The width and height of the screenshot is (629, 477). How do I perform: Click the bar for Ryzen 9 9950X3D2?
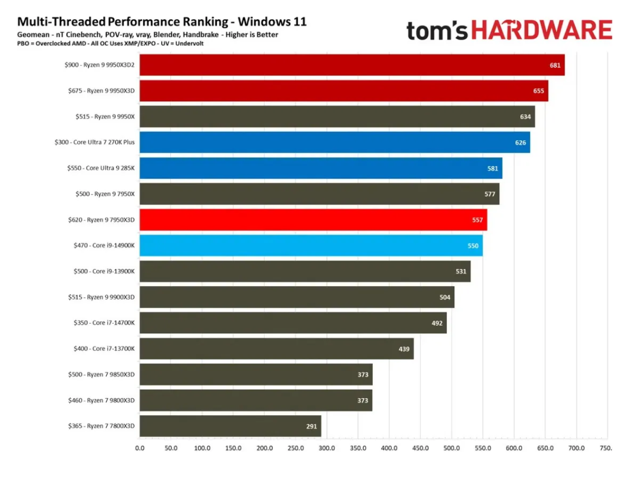352,65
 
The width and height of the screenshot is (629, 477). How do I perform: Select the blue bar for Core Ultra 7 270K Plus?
334,142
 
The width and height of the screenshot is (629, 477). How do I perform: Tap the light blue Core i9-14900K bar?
311,246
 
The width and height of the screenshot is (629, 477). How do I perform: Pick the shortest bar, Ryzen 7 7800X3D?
230,426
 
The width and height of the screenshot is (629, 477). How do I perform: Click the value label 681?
555,65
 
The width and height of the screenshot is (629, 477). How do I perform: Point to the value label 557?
477,220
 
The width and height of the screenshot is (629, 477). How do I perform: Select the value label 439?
404,349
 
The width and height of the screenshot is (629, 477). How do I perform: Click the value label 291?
311,426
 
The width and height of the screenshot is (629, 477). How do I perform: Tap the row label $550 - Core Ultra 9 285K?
101,168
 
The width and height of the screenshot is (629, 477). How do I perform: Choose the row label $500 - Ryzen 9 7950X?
105,194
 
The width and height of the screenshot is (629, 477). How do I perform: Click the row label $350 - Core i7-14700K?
104,323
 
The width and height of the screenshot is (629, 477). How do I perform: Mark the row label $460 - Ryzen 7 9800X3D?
101,400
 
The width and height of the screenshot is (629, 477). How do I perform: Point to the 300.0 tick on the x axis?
327,448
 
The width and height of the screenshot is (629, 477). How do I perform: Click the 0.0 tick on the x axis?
140,448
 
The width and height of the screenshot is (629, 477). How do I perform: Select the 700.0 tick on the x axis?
576,448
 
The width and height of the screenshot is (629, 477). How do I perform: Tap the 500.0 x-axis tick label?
451,448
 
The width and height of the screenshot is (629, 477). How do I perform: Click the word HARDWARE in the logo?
541,30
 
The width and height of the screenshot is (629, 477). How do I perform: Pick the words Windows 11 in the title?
272,22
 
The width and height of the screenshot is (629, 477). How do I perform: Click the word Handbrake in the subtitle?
200,35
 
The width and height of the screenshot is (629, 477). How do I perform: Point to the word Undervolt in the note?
189,43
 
